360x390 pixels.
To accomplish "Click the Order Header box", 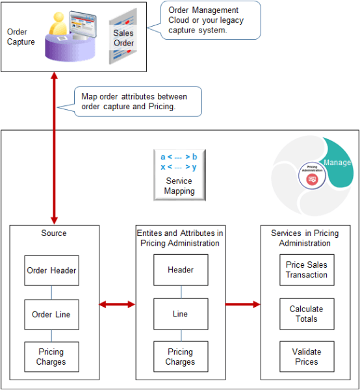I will click(51, 270).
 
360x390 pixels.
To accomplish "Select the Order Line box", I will click(51, 314).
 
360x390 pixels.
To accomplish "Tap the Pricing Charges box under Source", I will click(51, 357).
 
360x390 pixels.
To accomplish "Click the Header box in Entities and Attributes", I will click(180, 270).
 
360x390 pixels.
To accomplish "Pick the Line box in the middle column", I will click(180, 314).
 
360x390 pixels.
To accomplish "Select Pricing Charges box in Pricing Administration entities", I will click(180, 357).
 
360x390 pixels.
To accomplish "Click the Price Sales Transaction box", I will click(307, 270).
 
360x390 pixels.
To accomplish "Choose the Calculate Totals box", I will click(307, 314).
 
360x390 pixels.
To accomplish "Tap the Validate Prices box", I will click(307, 357).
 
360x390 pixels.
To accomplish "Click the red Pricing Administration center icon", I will click(313, 178).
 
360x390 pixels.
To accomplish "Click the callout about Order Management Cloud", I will click(209, 20).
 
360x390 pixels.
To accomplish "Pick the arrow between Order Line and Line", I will click(117, 304).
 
